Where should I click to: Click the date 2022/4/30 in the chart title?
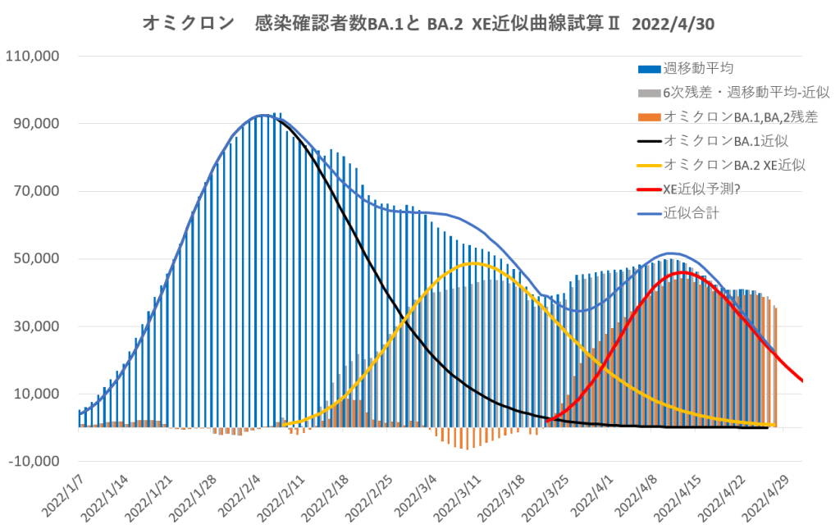coord(673,24)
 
